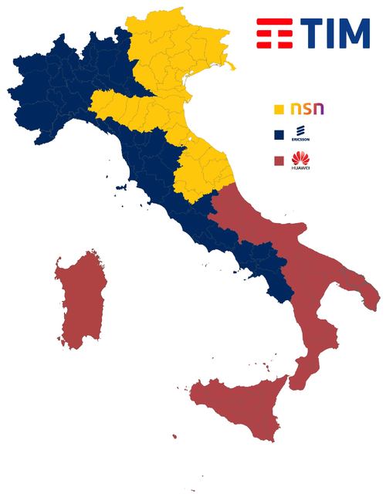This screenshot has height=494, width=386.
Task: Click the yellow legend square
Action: [x=281, y=108]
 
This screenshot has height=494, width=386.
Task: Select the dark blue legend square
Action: [x=281, y=135]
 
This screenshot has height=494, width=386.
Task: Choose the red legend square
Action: [x=281, y=161]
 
